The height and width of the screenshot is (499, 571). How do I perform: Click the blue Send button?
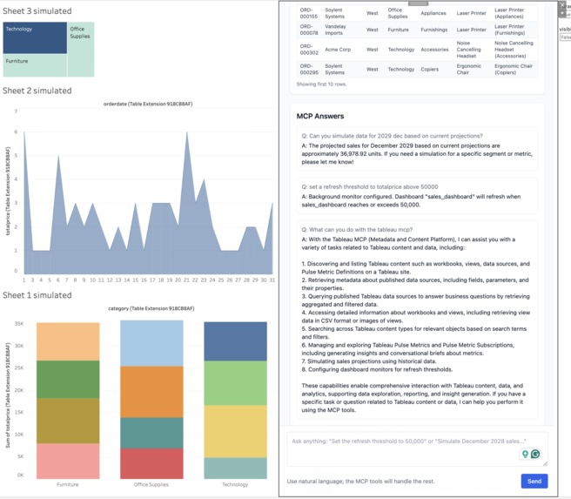(534, 481)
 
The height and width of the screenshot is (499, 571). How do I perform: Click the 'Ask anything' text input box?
(400, 442)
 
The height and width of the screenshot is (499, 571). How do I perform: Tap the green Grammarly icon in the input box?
(535, 454)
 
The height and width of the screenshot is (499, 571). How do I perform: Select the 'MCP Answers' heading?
(319, 116)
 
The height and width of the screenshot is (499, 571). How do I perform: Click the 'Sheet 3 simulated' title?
(37, 10)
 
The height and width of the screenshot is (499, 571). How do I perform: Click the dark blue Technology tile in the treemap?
(35, 38)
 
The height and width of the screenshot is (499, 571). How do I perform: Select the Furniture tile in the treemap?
(35, 65)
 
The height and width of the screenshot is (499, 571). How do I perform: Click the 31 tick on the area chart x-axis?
(272, 280)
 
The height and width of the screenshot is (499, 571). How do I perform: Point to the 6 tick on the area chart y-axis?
(15, 132)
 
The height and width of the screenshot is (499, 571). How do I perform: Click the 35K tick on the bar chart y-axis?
(19, 323)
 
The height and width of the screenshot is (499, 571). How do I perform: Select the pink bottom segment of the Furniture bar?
(67, 461)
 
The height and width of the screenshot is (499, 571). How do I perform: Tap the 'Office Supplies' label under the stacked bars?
(151, 484)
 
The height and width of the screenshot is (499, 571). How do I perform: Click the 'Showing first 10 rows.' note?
(321, 84)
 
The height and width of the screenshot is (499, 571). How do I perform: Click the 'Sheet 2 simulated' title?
(37, 91)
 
